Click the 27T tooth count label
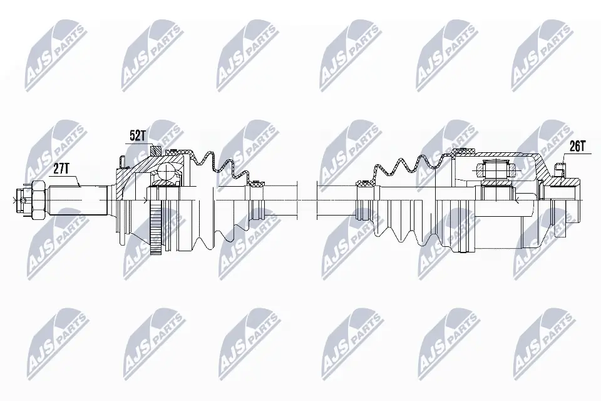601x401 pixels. (61, 168)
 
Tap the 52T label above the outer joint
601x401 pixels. (137, 135)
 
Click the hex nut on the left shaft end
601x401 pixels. (36, 200)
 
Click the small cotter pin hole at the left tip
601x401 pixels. (23, 200)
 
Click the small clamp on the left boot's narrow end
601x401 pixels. (256, 185)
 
